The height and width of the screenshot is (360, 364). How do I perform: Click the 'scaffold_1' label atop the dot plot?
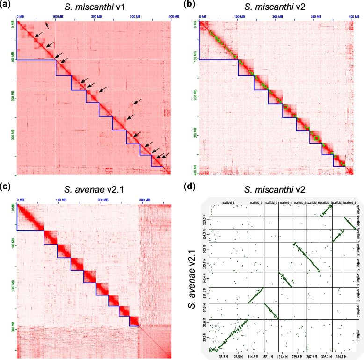point(228,202)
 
